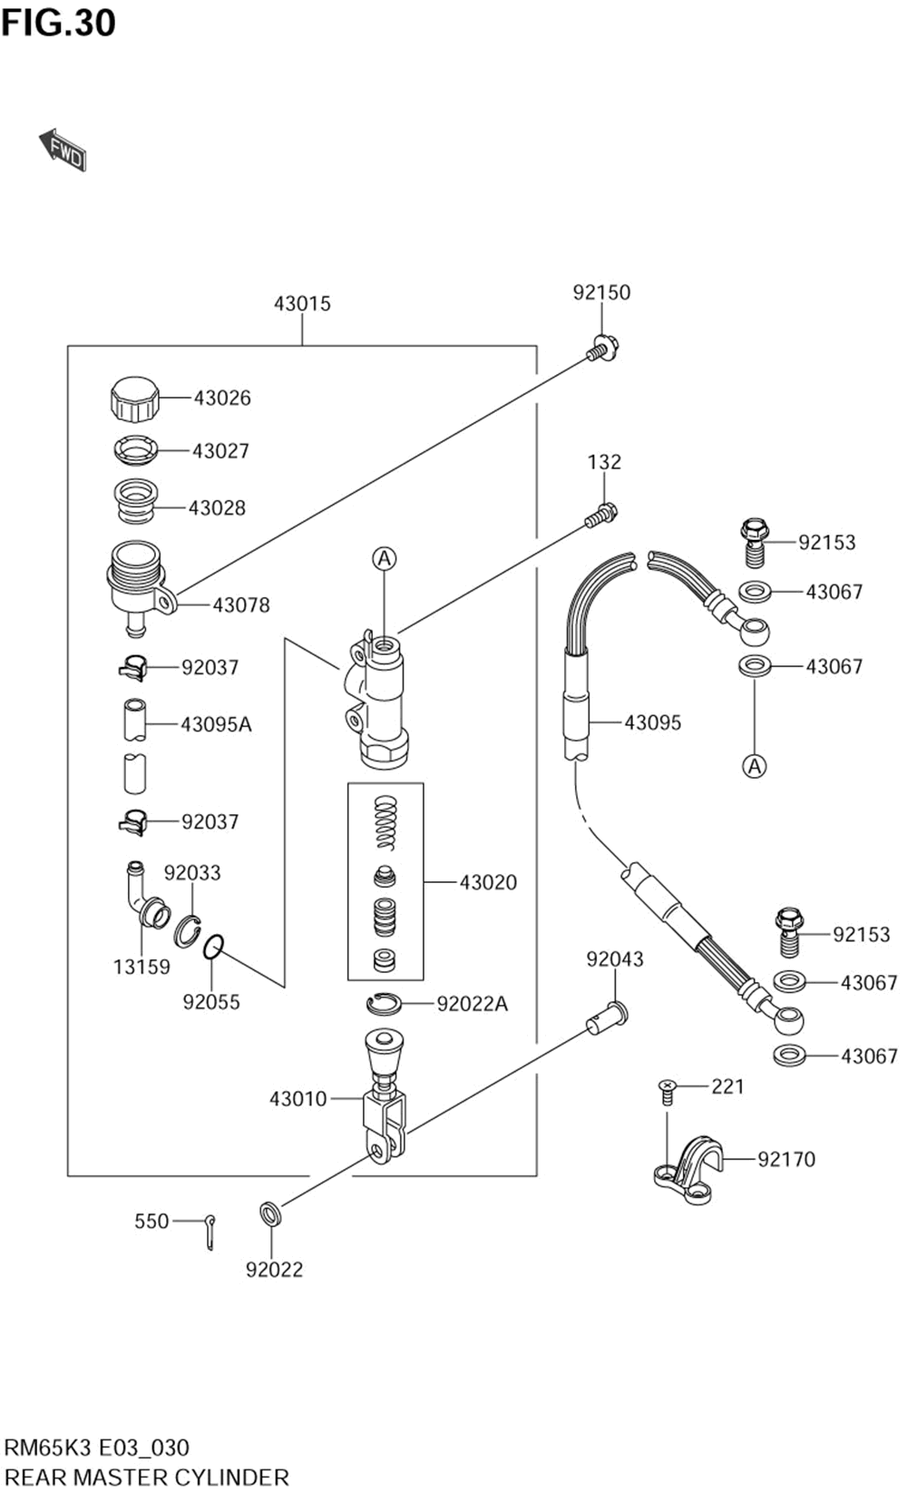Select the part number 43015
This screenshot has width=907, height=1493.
coord(302,304)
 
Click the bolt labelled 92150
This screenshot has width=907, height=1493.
coord(602,348)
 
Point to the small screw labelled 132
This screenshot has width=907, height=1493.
coord(602,516)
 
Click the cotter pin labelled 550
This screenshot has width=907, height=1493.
coord(210,1232)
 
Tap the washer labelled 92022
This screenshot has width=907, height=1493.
coord(269,1213)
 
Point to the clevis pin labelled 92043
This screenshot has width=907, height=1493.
coord(608,1017)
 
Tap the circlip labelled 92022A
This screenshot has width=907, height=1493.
coord(384,1003)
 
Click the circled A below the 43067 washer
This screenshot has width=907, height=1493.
coord(755,766)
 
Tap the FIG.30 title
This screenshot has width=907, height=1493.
coord(59,23)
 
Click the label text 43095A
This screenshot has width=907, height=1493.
coord(217,724)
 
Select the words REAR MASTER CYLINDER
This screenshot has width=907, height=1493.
coord(147,1477)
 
